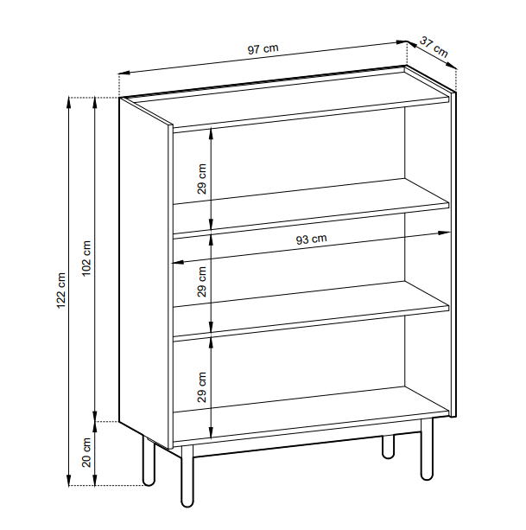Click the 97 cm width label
263,48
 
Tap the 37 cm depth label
434,47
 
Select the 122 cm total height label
61,290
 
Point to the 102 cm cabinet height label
86,259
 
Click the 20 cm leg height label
86,452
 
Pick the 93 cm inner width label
311,239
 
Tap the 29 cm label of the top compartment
201,179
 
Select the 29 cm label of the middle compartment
201,282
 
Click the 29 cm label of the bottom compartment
201,387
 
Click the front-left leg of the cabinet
187,476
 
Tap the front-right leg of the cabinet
427,450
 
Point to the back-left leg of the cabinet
149,461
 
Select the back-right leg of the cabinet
389,447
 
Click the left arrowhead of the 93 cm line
178,262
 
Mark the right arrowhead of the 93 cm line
444,233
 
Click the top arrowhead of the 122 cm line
69,102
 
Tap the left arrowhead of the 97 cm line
124,73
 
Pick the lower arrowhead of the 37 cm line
452,65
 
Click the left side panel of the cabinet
146,273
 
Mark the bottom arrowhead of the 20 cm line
95,481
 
